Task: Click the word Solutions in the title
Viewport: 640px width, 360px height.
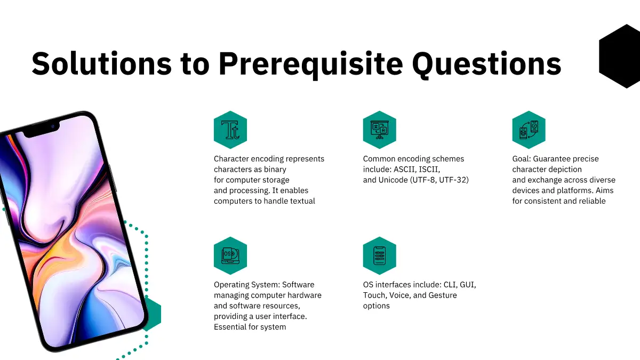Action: point(102,63)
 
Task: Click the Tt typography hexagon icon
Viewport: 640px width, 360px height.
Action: point(230,130)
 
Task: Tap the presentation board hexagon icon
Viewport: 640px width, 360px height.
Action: point(379,130)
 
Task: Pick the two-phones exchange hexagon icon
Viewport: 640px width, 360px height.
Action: point(529,130)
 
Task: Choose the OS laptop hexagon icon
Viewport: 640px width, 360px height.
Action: point(230,255)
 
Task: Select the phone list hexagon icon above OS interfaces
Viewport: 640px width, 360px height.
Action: point(379,255)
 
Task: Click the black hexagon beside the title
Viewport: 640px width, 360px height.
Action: point(619,57)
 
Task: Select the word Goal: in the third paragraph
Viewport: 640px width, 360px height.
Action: point(522,159)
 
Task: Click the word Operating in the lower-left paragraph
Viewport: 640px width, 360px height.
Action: point(231,285)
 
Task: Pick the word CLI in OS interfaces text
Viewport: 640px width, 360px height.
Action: point(450,285)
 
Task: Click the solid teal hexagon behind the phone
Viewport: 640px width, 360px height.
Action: point(153,314)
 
